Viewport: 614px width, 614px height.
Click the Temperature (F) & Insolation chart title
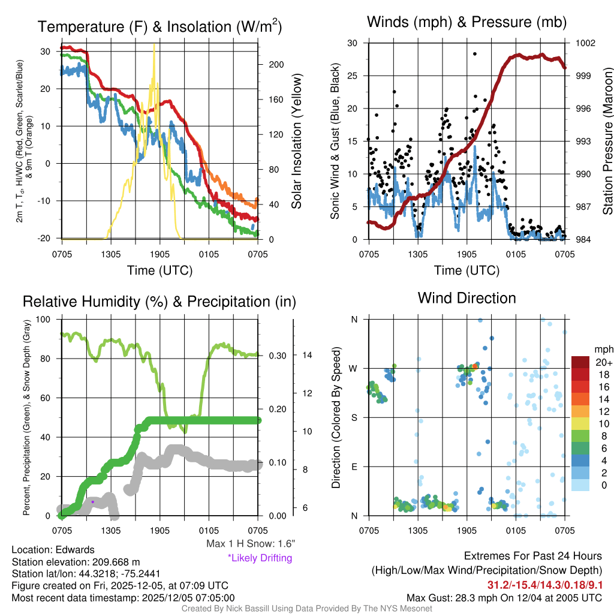tap(159, 27)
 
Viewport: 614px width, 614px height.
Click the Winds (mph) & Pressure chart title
tap(466, 23)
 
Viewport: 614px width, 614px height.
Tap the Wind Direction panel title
tap(466, 298)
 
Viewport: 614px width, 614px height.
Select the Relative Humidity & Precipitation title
tap(159, 302)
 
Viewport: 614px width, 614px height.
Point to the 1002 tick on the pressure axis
tap(585, 43)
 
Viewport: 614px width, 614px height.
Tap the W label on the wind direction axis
tap(354, 368)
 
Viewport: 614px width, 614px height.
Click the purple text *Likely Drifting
tap(260, 558)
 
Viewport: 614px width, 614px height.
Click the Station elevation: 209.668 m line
tap(76, 562)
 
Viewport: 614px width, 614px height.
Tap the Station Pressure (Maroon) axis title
tap(607, 142)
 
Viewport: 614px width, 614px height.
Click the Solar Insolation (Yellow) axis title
tap(296, 142)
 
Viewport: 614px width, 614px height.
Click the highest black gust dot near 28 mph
tap(474, 53)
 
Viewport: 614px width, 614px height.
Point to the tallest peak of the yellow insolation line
tap(155, 44)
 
